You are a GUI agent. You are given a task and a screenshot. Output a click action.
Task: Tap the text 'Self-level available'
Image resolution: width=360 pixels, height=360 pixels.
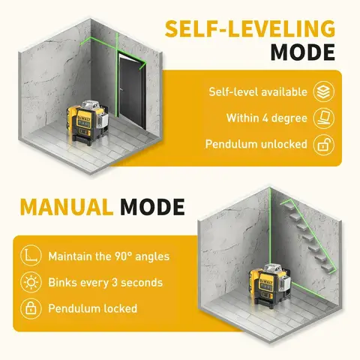257,92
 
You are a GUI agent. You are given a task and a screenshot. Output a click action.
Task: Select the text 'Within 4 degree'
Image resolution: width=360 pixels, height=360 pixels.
266,118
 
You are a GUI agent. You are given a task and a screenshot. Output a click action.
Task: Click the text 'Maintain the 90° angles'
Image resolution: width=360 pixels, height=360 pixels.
109,256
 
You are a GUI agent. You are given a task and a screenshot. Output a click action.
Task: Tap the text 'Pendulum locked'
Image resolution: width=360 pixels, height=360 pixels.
92,308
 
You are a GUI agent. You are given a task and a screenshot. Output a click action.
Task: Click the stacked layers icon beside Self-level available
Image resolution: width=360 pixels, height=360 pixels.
323,91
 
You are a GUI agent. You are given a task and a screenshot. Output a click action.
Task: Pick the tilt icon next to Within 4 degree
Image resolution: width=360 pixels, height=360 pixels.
323,118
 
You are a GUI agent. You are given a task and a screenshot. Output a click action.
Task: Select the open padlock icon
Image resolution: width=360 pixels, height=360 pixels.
323,144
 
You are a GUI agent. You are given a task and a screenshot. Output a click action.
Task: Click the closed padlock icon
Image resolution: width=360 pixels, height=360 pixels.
30,308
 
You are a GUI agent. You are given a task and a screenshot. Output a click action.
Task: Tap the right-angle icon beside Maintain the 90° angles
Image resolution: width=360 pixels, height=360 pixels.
30,256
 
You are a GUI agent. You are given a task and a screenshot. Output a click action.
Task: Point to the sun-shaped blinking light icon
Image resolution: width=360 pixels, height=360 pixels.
30,283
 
